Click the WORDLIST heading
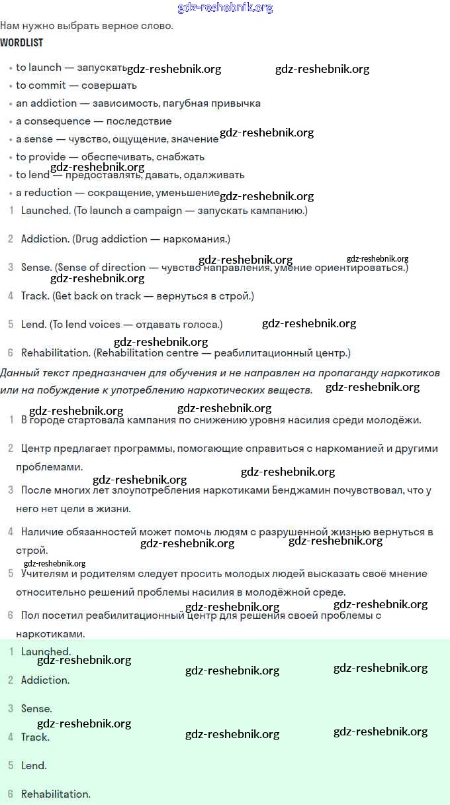[x=21, y=43]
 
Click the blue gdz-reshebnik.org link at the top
[x=225, y=8]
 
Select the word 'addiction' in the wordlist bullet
[x=54, y=103]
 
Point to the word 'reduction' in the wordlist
[x=48, y=193]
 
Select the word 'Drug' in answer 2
[x=87, y=239]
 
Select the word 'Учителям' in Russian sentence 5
[x=44, y=574]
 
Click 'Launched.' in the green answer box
[x=46, y=652]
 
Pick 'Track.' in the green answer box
[x=35, y=737]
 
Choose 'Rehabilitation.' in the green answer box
[x=56, y=794]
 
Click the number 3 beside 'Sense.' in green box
[x=11, y=709]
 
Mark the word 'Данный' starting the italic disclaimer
[x=18, y=372]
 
